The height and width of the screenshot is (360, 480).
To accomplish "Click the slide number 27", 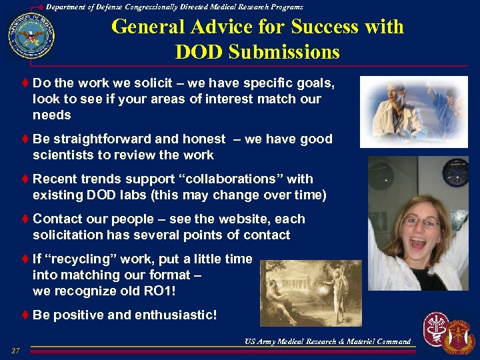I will click(16, 351).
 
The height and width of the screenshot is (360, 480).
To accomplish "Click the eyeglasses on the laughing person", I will click(421, 222).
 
